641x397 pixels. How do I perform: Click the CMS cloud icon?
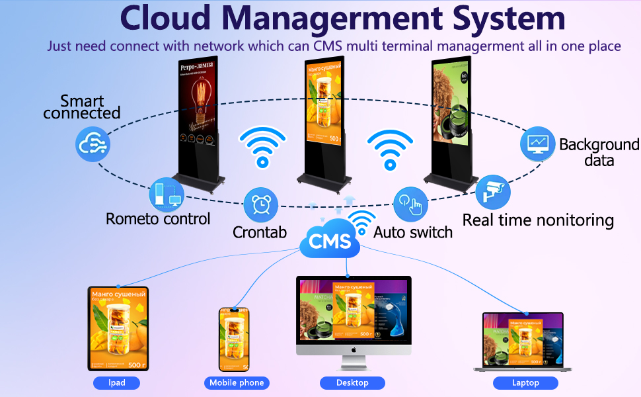tap(329, 240)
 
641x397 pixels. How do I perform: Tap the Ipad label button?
tap(116, 382)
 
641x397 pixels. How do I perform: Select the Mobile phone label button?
tap(237, 382)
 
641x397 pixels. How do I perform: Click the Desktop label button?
tap(352, 382)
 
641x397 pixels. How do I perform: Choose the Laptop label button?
tap(525, 382)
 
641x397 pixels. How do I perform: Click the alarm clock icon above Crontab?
tap(261, 205)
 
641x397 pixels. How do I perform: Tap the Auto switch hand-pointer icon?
tap(411, 205)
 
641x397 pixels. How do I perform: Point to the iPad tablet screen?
tap(118, 328)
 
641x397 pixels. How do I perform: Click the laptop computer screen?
tap(523, 339)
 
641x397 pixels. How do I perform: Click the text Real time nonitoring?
tap(538, 220)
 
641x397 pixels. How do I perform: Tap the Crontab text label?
tap(260, 232)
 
